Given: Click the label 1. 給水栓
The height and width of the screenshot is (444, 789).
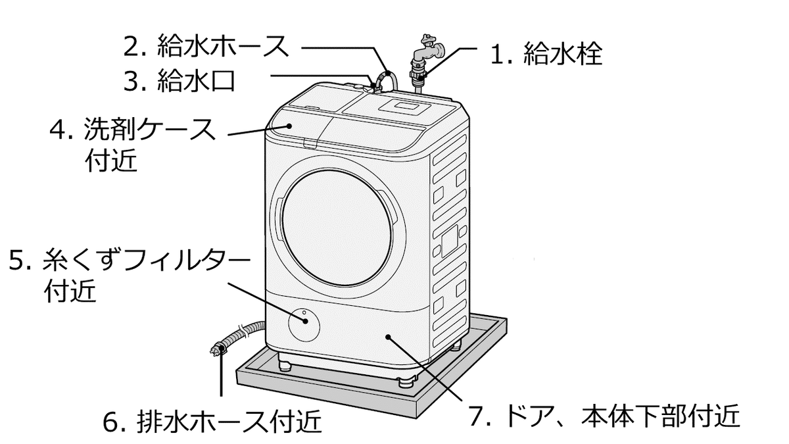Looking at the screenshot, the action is point(546,54).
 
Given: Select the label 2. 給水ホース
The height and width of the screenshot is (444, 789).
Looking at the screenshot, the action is point(206,46).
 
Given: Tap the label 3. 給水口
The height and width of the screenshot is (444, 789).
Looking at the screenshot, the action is point(179,80).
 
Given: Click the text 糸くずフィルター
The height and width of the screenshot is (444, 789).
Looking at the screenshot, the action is point(146,260).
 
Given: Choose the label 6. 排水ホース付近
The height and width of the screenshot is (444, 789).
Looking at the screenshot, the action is point(212,421).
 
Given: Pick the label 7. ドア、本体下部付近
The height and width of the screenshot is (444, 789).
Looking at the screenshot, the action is point(604,416).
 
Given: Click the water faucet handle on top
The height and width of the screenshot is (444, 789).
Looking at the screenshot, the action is point(428,38).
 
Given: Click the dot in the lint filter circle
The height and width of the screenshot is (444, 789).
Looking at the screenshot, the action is point(305,321).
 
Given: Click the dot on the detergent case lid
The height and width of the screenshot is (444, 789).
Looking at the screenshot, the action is point(289,126).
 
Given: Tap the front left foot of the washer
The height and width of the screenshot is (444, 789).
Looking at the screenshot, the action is point(285,364).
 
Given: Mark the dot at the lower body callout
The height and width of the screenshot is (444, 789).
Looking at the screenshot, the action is point(388,337).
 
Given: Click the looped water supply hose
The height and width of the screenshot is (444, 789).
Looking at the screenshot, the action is point(387,82).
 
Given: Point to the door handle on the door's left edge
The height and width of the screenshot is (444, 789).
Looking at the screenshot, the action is point(278,220).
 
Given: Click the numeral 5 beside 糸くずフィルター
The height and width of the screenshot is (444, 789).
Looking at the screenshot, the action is point(16,260).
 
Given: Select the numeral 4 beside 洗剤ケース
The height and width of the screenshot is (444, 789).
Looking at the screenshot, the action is point(58,130).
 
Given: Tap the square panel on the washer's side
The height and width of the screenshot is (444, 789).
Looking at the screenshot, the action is point(450,241).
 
